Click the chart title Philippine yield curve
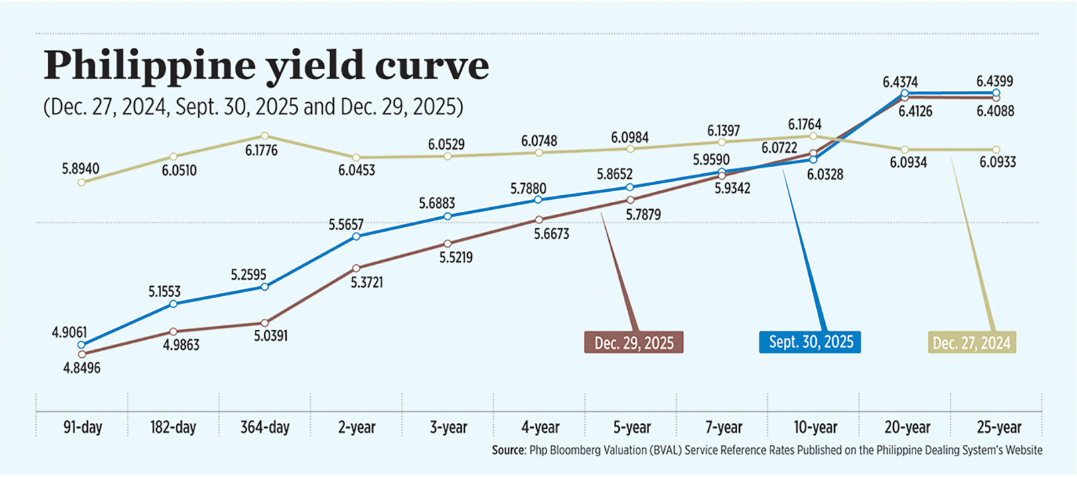pos(265,65)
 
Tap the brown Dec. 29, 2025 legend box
pos(634,343)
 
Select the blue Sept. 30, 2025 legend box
pos(810,342)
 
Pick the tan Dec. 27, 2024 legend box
pos(971,343)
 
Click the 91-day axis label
pos(82,427)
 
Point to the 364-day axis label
pos(265,427)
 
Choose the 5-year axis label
pos(632,427)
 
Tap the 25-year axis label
pos(999,427)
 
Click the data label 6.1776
pos(261,151)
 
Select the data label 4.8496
pos(82,368)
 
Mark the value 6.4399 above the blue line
pos(994,81)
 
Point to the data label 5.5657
pos(346,225)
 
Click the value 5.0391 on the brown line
pos(271,336)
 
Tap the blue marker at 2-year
pos(356,236)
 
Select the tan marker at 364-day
pos(265,135)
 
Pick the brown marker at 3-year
pos(448,244)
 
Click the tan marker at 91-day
pos(82,183)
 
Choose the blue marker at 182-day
pos(173,304)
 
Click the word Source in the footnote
pos(508,450)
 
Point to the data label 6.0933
pos(997,162)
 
